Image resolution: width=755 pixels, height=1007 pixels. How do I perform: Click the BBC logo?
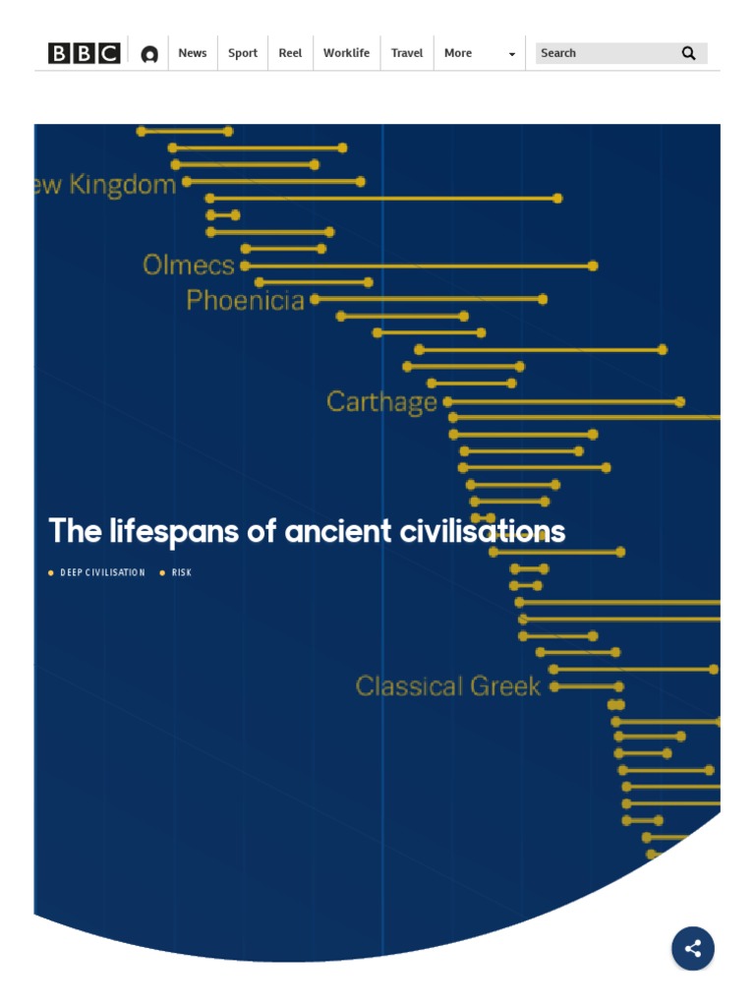[84, 53]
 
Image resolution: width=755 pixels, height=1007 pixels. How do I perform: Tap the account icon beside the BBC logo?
[149, 54]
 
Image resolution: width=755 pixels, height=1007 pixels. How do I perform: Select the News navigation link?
[193, 53]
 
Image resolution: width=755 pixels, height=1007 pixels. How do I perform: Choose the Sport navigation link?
[243, 53]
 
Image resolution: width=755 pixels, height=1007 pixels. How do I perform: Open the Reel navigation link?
[290, 53]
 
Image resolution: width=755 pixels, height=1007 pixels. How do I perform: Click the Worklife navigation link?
[346, 53]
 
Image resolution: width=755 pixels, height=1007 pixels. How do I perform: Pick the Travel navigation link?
[407, 53]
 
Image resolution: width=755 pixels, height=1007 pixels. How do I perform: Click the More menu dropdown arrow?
[511, 54]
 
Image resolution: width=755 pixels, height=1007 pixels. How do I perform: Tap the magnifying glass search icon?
[688, 53]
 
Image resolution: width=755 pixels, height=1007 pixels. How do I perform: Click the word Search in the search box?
[558, 53]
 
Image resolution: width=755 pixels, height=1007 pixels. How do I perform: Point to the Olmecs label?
[189, 265]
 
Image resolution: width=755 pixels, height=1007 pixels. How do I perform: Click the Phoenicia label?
[246, 300]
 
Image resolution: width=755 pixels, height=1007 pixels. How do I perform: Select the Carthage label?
[381, 401]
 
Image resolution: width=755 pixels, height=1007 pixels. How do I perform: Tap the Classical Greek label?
[448, 685]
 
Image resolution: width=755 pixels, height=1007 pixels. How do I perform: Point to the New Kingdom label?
[106, 185]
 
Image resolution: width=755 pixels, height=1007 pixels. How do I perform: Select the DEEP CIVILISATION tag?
[102, 572]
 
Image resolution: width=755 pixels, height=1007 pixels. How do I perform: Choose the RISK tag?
[182, 572]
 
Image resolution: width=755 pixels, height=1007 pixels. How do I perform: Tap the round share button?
[693, 949]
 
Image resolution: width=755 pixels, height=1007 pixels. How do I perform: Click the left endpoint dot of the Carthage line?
[448, 401]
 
